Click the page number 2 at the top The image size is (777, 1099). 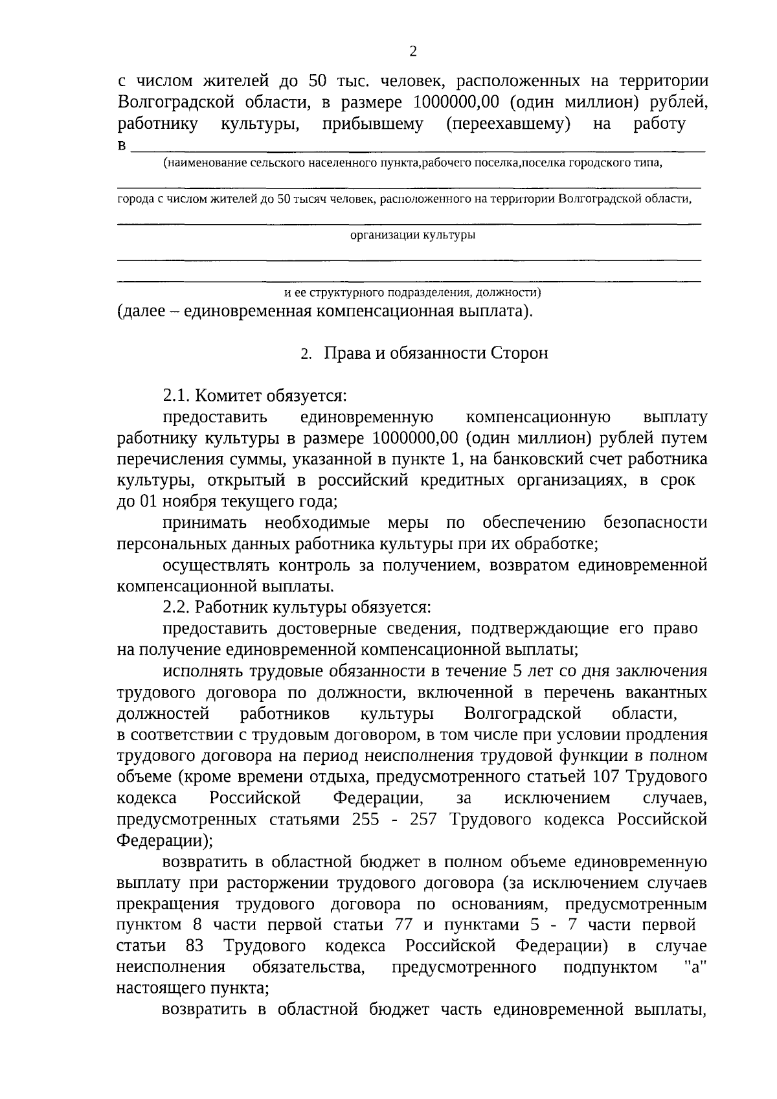click(x=413, y=52)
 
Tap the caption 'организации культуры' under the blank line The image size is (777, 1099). click(x=412, y=236)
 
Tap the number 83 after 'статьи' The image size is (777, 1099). click(x=194, y=946)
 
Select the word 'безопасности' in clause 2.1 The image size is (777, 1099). click(x=655, y=523)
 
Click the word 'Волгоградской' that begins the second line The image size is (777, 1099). click(x=168, y=102)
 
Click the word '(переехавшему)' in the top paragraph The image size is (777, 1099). click(x=508, y=124)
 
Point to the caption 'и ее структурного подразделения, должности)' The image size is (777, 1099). click(x=412, y=293)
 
